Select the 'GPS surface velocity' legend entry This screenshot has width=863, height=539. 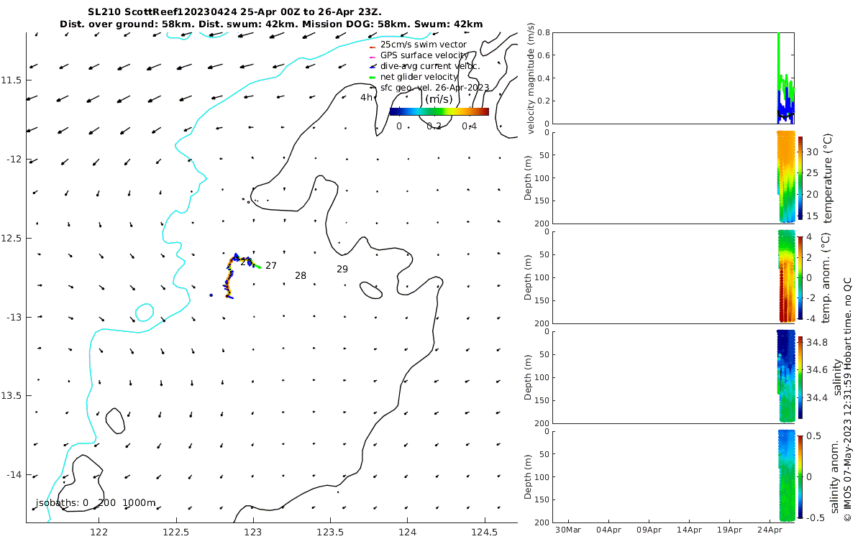424,55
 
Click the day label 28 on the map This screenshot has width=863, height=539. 301,276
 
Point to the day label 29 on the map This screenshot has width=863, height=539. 342,269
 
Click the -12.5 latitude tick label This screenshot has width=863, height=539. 13,238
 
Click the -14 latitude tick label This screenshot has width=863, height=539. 14,475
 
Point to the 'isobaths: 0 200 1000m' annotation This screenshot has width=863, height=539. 96,503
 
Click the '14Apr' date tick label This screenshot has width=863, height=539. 690,531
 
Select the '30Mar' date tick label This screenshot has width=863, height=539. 568,531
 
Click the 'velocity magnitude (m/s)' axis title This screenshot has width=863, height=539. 531,78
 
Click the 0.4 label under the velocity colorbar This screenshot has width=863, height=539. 469,126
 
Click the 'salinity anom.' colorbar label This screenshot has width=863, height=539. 835,475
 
